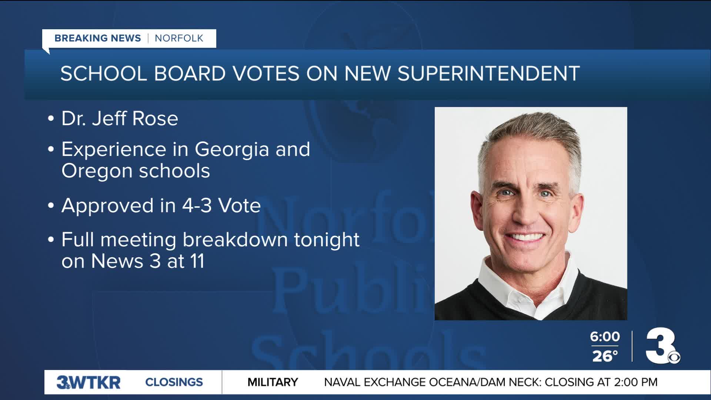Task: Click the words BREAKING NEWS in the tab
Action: tap(98, 38)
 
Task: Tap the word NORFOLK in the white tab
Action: tap(179, 38)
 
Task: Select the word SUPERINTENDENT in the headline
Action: tap(489, 73)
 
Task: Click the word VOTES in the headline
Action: tap(266, 73)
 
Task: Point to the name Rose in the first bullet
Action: tap(155, 119)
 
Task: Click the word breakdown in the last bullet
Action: tap(236, 240)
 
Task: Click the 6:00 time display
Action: tap(605, 337)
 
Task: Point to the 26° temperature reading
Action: tap(605, 356)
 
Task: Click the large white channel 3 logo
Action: tap(660, 345)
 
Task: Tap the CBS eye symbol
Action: tap(674, 358)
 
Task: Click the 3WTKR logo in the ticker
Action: tap(89, 382)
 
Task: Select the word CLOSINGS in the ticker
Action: tap(174, 382)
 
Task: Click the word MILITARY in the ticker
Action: tap(273, 382)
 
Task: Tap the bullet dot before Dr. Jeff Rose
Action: tap(51, 119)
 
